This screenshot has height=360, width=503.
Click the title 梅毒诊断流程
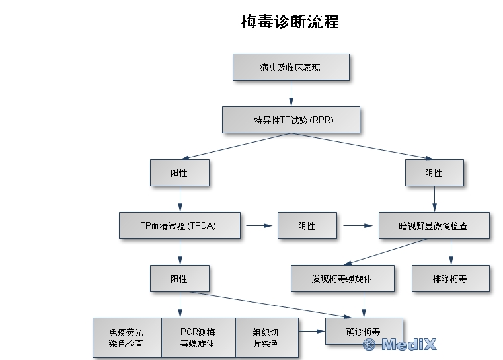tap(290, 22)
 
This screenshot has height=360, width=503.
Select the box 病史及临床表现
tap(291, 67)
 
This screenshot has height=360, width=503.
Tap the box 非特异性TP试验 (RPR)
tap(291, 120)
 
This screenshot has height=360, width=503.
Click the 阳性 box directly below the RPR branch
tap(180, 173)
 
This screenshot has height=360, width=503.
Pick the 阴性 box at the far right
tap(434, 173)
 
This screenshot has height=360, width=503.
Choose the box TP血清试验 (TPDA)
tap(180, 225)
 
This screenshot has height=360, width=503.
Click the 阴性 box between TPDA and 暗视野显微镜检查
tap(307, 225)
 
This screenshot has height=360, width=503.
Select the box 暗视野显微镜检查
tap(434, 225)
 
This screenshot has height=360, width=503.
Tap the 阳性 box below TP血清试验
tap(180, 278)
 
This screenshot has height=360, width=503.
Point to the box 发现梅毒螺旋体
tap(342, 278)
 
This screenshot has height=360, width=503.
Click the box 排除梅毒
tap(451, 278)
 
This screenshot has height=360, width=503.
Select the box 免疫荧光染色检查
tap(126, 338)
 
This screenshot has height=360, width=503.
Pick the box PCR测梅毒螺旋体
tap(198, 338)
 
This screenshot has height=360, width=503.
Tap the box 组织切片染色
tap(266, 338)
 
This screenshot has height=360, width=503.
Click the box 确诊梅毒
tap(364, 331)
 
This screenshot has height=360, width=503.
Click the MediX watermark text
tap(400, 344)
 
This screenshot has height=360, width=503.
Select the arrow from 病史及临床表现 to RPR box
tap(291, 94)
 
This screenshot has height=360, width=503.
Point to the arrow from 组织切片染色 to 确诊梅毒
tap(311, 331)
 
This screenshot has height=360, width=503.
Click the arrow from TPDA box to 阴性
tap(260, 225)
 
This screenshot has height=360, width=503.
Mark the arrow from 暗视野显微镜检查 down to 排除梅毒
tap(451, 252)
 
